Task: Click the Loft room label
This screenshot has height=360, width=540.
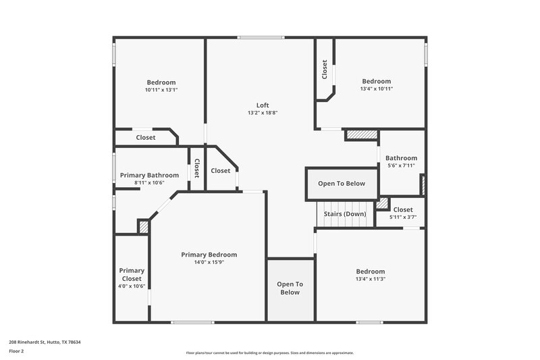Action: pos(263,105)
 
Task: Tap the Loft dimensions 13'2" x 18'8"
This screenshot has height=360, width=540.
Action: pos(263,113)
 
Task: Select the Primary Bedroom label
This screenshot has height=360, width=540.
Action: pos(209,255)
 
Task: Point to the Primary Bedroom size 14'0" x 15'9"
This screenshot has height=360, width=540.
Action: pos(209,262)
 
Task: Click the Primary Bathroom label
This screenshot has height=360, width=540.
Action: pos(149,175)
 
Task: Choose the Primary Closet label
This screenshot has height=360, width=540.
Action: pos(132,274)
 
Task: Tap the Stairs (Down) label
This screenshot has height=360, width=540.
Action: pos(345,214)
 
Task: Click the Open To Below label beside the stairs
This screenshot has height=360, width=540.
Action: pos(342,183)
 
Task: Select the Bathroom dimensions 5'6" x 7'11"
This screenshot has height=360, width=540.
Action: pos(401,165)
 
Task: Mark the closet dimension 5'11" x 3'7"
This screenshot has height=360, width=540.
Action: pos(403,217)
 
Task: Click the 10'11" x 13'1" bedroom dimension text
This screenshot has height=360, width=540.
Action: pos(161,90)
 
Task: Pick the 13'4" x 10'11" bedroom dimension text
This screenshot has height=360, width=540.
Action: pos(376,88)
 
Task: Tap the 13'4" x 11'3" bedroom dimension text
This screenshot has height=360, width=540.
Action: pos(371,278)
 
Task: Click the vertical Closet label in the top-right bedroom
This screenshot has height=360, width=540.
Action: pos(325,70)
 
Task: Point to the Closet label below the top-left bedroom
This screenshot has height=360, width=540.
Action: pos(145,137)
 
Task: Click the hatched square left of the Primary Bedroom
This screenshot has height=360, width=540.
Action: pos(143,226)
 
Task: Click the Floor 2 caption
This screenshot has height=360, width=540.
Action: pos(16,351)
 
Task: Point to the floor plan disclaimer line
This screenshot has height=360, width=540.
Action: pos(270,353)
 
